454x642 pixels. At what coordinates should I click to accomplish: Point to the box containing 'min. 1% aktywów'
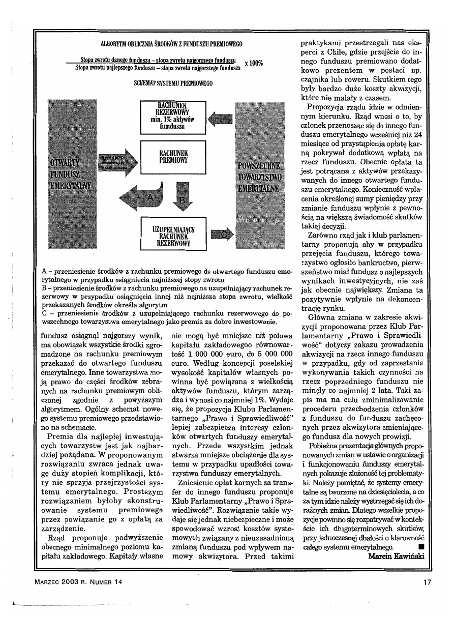(173, 118)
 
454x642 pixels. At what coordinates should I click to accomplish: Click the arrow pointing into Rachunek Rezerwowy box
(220, 119)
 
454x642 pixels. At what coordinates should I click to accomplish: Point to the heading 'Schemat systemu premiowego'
(170, 83)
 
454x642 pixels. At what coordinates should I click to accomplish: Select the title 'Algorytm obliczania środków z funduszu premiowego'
(170, 44)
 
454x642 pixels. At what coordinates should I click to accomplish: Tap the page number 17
(427, 583)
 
